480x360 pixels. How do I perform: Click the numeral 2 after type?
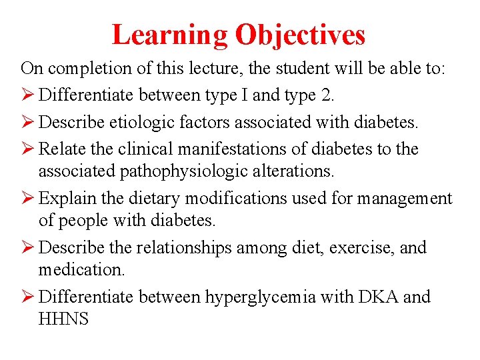(x=326, y=95)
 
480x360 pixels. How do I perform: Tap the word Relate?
(x=62, y=149)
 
